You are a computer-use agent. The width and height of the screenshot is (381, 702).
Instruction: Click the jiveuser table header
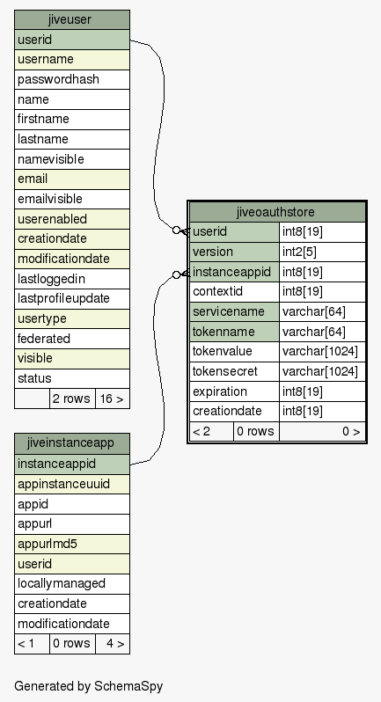coord(72,20)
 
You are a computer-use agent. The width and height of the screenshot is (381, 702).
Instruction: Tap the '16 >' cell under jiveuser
coord(113,399)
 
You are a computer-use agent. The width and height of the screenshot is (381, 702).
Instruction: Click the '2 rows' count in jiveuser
coord(72,399)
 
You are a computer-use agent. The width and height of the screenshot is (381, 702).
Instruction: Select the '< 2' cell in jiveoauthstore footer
coord(211,432)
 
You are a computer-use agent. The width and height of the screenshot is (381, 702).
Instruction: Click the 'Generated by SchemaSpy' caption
coord(89,686)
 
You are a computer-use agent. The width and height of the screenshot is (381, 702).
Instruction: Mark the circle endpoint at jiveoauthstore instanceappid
coord(176,274)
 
